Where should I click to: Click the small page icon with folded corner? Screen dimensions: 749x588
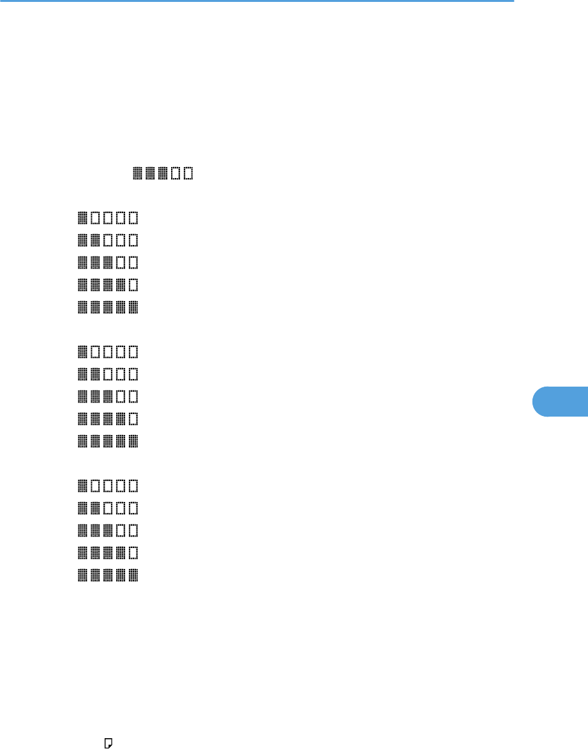(109, 742)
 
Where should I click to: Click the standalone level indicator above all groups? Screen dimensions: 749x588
(162, 173)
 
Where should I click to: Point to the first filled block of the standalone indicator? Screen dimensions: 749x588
(137, 173)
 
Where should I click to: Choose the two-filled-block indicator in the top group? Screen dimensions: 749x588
(107, 241)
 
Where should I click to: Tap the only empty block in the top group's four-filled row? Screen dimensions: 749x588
(133, 285)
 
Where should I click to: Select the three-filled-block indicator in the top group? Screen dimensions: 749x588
(107, 262)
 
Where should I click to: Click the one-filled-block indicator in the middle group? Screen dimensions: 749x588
(107, 351)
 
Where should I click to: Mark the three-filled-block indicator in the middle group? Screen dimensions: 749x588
(107, 396)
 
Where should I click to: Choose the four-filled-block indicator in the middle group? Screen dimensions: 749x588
(107, 419)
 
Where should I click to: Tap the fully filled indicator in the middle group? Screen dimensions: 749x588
(107, 441)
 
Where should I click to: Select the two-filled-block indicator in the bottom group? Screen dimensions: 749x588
(107, 508)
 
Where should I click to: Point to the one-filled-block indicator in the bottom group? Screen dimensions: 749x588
(107, 486)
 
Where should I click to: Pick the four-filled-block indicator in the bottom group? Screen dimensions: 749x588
(107, 552)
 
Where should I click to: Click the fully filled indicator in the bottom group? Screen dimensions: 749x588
(107, 575)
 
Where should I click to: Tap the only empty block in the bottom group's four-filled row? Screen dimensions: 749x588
(133, 552)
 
